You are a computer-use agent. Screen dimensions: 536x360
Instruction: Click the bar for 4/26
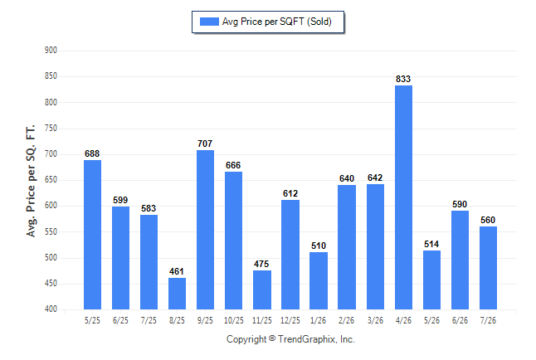(403, 197)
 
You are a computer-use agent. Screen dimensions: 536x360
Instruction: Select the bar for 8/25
(177, 294)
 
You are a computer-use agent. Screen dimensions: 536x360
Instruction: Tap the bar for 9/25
(205, 230)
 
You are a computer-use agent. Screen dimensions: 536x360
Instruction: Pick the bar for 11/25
(262, 290)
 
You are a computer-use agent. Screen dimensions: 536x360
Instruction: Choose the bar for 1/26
(319, 280)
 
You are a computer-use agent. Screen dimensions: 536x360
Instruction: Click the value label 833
(403, 79)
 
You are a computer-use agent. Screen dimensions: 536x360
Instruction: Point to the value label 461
(177, 271)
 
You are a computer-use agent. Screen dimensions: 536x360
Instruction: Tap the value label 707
(205, 144)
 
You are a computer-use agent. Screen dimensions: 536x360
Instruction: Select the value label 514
(431, 244)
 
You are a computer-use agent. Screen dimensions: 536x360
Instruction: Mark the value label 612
(290, 193)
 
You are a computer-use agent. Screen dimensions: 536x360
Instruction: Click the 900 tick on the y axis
(51, 51)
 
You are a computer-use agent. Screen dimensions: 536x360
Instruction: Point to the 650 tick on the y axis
(51, 180)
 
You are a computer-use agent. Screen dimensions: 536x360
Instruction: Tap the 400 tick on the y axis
(51, 309)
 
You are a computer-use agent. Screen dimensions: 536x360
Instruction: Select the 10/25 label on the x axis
(234, 321)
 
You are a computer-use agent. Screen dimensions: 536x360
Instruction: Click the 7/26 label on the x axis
(488, 321)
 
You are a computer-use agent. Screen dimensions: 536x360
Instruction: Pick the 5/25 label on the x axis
(92, 321)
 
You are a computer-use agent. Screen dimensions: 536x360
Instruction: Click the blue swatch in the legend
(209, 22)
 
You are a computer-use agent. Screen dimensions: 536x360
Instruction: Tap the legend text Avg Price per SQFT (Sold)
(276, 22)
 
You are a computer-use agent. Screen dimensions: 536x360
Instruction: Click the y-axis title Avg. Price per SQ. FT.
(31, 181)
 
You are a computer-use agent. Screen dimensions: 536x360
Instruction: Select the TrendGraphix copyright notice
(290, 339)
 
